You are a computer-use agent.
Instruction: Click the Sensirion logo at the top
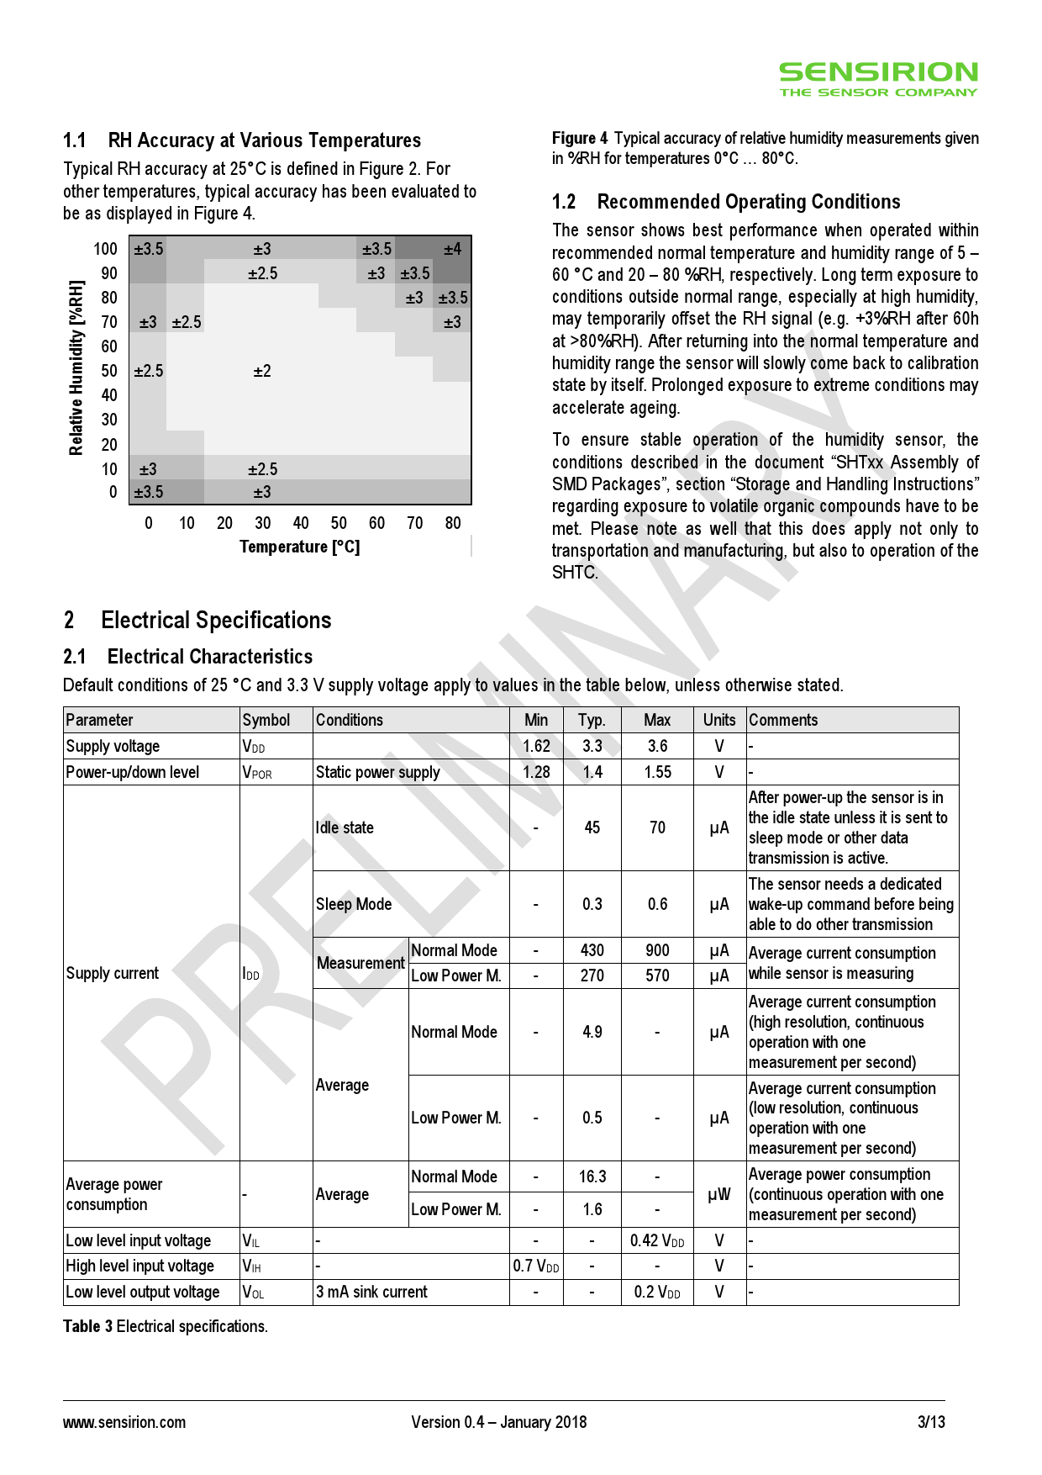878,79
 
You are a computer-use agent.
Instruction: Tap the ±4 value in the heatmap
452,249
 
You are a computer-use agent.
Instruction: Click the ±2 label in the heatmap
262,371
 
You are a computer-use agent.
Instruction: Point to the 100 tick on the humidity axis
106,249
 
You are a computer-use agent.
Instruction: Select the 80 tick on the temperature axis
453,523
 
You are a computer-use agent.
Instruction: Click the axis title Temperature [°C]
299,547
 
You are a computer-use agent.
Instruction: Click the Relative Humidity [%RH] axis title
76,367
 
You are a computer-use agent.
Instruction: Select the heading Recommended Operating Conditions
748,202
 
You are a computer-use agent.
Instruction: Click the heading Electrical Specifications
216,621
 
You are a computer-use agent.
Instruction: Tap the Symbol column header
266,720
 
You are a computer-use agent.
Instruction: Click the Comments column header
783,720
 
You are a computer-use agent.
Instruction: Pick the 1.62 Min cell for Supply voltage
536,746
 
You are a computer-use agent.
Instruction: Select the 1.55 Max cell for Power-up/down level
657,772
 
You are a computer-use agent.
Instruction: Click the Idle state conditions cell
345,827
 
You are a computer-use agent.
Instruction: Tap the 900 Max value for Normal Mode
657,950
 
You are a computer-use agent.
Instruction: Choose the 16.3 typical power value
592,1176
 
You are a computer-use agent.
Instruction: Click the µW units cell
719,1194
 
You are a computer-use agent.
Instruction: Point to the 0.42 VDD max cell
657,1240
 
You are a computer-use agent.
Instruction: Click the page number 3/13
931,1422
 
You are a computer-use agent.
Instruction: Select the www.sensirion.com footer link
124,1422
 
